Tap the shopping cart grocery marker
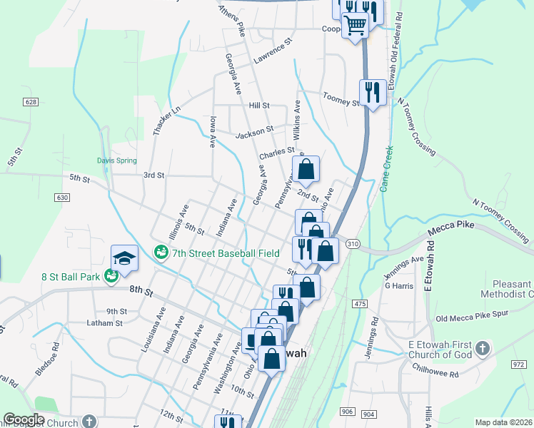coord(355,26)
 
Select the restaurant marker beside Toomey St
coord(373,92)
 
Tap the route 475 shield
coord(359,304)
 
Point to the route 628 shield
coord(30,102)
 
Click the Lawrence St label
coord(273,52)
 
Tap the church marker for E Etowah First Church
coord(483,349)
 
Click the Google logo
coord(24,419)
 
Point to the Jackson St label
coord(255,132)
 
